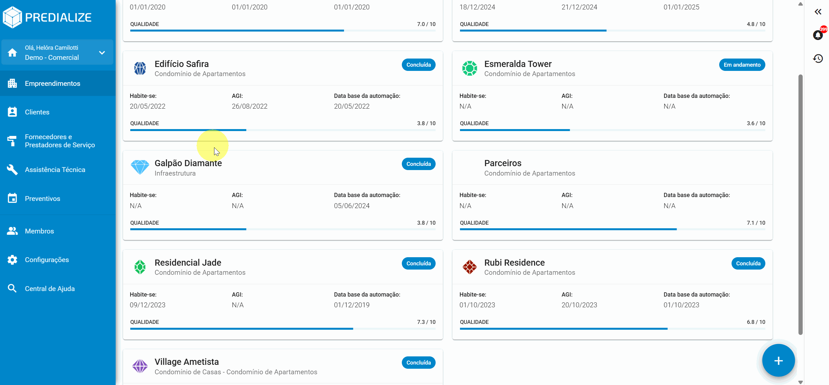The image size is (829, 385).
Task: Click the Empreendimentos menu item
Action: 52,84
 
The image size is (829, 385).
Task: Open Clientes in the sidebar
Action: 37,112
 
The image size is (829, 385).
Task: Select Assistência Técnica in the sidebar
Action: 55,170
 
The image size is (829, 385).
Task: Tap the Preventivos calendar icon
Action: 12,198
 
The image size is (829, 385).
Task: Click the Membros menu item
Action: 39,231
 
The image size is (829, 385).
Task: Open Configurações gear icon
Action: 12,260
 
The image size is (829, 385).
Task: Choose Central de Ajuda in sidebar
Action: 50,289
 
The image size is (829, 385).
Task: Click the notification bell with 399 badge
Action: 818,35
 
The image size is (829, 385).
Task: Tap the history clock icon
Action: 818,59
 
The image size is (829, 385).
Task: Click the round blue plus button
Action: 778,361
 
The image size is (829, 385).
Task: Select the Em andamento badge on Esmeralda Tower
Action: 742,65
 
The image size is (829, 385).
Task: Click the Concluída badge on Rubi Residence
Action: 748,263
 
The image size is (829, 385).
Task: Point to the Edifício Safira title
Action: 182,64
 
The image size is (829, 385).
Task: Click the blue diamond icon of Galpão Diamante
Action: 140,167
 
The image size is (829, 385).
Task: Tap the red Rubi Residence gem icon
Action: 469,267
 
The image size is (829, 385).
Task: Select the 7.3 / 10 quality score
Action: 426,322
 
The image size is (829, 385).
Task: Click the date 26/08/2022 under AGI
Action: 249,106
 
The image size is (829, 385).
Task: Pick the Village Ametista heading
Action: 186,362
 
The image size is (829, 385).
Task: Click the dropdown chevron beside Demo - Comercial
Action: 102,53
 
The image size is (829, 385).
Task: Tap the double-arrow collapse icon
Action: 818,12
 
